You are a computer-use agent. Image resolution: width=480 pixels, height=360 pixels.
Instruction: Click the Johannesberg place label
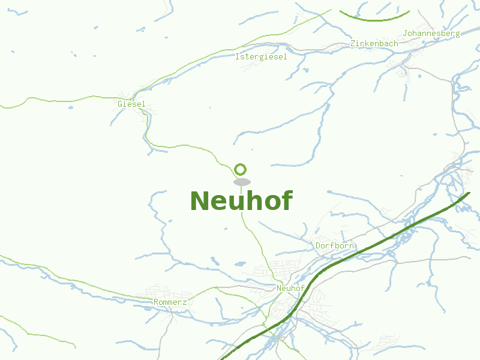431,34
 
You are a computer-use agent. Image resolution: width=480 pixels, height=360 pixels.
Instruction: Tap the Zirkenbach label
374,44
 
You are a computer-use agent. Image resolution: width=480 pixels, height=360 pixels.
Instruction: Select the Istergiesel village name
261,57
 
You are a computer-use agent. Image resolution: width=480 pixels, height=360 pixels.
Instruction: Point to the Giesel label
131,104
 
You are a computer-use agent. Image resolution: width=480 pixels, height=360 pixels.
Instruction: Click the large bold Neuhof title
241,201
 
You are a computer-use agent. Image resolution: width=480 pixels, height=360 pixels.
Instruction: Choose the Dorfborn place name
335,246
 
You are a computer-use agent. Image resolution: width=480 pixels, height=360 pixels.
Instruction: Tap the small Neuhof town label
291,289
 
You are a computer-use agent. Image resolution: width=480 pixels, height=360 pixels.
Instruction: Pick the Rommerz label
170,302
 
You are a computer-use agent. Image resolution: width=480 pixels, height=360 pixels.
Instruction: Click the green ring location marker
241,169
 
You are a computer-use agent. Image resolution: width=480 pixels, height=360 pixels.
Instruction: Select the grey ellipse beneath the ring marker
242,182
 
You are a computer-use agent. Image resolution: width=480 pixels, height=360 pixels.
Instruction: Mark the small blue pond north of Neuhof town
239,263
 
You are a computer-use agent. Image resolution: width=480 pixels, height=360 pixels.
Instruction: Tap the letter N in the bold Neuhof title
200,201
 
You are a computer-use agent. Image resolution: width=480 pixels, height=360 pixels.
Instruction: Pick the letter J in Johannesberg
406,34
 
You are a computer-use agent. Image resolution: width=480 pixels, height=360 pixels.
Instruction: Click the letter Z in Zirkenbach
353,44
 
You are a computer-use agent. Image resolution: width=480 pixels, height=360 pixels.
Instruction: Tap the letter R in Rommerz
156,302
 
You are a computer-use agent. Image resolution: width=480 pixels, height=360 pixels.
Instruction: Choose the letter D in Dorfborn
318,246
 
